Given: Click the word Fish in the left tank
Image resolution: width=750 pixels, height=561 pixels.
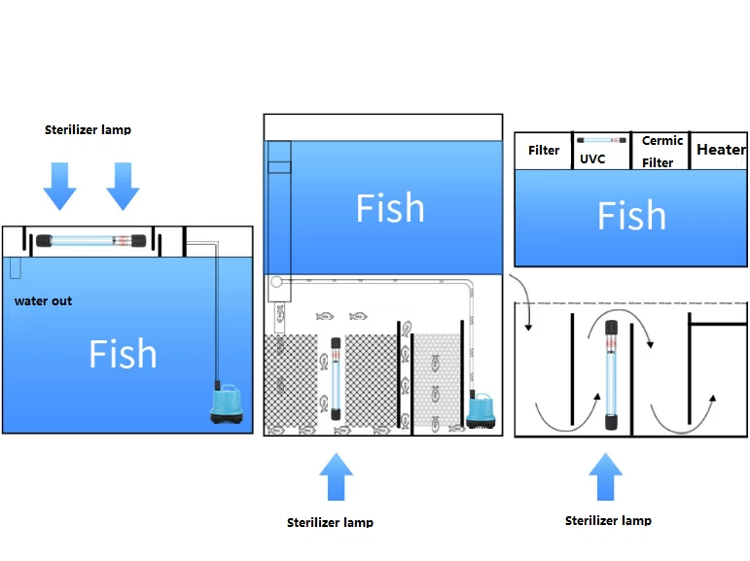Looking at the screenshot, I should click(x=123, y=354).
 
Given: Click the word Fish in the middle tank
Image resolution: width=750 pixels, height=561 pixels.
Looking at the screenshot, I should click(x=389, y=208).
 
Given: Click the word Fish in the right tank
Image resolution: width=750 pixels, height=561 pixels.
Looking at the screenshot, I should click(x=631, y=216).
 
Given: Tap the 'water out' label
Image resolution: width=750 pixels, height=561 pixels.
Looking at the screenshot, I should click(x=43, y=301).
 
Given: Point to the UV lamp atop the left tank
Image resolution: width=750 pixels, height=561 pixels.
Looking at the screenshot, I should click(x=88, y=240).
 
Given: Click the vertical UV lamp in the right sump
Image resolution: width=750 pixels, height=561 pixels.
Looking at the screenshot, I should click(x=612, y=374).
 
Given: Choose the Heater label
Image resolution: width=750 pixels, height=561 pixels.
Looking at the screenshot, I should click(x=721, y=150).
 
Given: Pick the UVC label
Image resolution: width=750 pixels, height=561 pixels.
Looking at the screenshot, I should click(x=592, y=158).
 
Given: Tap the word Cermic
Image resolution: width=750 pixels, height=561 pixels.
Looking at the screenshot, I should click(x=662, y=141).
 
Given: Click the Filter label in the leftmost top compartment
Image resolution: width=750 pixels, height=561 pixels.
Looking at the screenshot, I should click(x=544, y=150).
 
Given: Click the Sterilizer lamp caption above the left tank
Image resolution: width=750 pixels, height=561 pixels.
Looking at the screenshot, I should click(x=88, y=129).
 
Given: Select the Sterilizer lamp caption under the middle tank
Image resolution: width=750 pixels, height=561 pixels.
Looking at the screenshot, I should click(x=330, y=522).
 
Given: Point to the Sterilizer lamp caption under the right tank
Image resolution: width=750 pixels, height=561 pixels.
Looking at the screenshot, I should click(x=608, y=520).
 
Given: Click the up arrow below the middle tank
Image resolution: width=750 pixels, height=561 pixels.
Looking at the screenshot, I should click(x=335, y=476).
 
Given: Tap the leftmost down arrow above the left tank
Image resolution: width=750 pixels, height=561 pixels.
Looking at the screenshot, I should click(x=59, y=186).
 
